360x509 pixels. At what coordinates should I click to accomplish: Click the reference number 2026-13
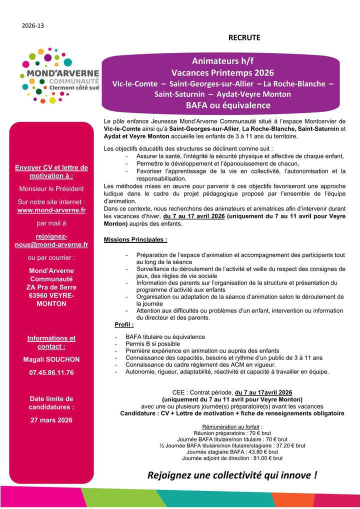33,25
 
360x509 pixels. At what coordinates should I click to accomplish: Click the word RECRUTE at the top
244,37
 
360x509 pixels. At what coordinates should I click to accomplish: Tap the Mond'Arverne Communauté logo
59,72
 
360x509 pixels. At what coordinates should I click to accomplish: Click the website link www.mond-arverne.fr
51,210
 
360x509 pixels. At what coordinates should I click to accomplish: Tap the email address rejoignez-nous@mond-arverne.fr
51,240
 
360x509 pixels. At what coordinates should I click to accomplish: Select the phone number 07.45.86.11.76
51,372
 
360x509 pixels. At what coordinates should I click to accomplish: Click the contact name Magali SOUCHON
51,359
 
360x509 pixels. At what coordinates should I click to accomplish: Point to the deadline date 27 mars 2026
51,420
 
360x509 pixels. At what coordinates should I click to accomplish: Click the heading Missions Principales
135,239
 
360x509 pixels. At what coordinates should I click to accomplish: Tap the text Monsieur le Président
51,189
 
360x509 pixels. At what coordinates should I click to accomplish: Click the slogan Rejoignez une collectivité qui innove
232,475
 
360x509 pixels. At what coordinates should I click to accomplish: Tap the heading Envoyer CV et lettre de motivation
51,171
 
